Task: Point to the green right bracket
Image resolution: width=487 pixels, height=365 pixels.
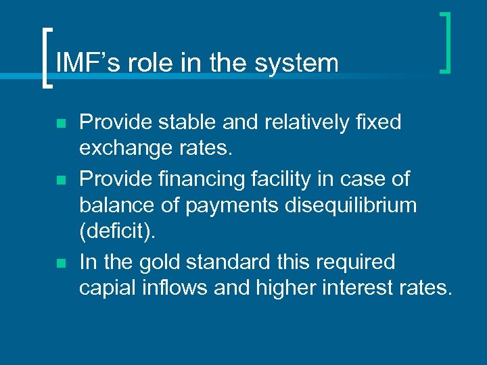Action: tap(445, 42)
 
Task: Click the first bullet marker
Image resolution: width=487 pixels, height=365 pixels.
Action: tap(61, 124)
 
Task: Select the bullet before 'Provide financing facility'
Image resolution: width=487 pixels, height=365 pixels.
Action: tap(61, 180)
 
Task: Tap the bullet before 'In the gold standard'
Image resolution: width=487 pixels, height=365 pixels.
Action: tap(61, 262)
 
